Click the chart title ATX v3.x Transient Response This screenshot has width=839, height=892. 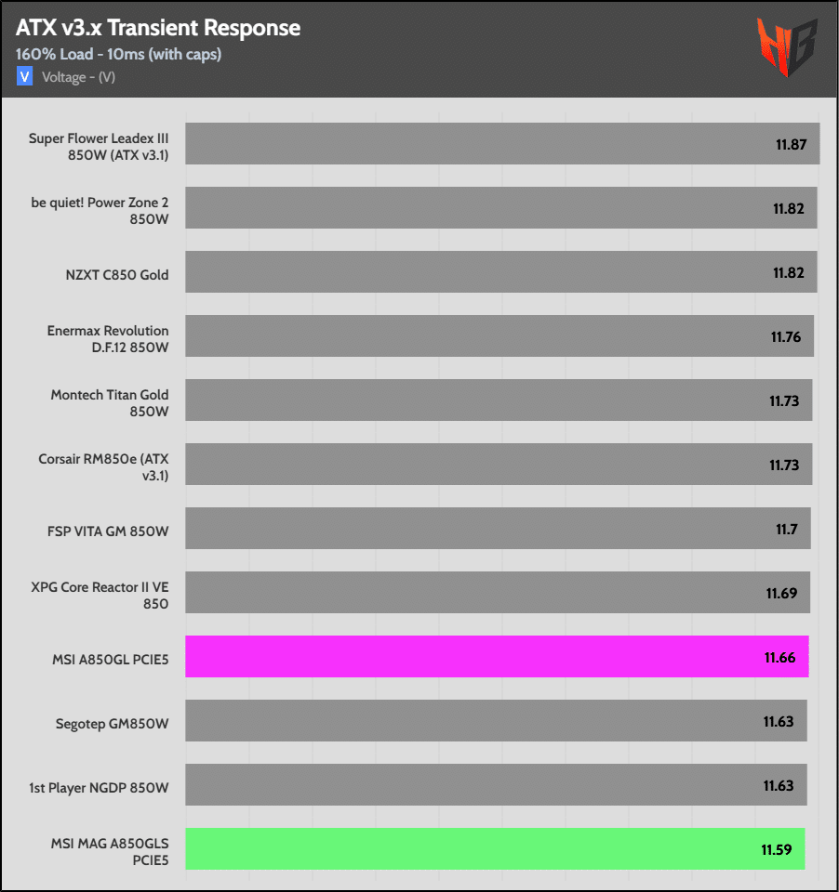coord(158,28)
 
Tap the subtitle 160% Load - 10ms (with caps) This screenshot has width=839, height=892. coord(118,54)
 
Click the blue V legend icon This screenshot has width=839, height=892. coord(24,77)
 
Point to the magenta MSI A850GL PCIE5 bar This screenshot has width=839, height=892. coord(497,656)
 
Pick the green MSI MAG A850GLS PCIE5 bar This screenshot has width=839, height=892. coord(495,849)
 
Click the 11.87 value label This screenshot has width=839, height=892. coord(791,144)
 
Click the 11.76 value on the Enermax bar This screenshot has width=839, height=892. coord(786,336)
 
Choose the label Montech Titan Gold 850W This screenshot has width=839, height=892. coord(110,402)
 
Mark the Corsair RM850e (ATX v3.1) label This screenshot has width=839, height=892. coord(103,466)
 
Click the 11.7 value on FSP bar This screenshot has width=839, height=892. coord(788,529)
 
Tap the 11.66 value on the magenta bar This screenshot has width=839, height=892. coord(780,657)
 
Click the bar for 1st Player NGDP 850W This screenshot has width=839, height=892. coord(496,785)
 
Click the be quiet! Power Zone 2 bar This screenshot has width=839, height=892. coord(500,208)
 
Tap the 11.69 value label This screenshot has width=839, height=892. coord(782,593)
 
